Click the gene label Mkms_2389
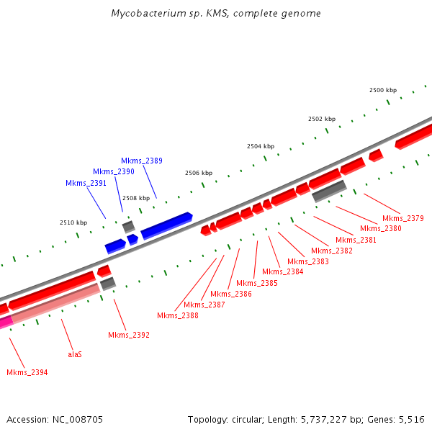142,161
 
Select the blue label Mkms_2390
114,171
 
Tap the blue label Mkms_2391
86,183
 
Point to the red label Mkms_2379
403,218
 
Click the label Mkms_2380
381,228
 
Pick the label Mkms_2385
257,283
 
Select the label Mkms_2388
178,315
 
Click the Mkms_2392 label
129,335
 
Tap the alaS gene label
75,354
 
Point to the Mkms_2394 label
27,372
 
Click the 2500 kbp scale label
383,90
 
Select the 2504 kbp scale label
261,146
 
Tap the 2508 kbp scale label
136,197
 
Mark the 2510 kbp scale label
73,222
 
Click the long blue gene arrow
167,225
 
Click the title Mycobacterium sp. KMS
216,14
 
